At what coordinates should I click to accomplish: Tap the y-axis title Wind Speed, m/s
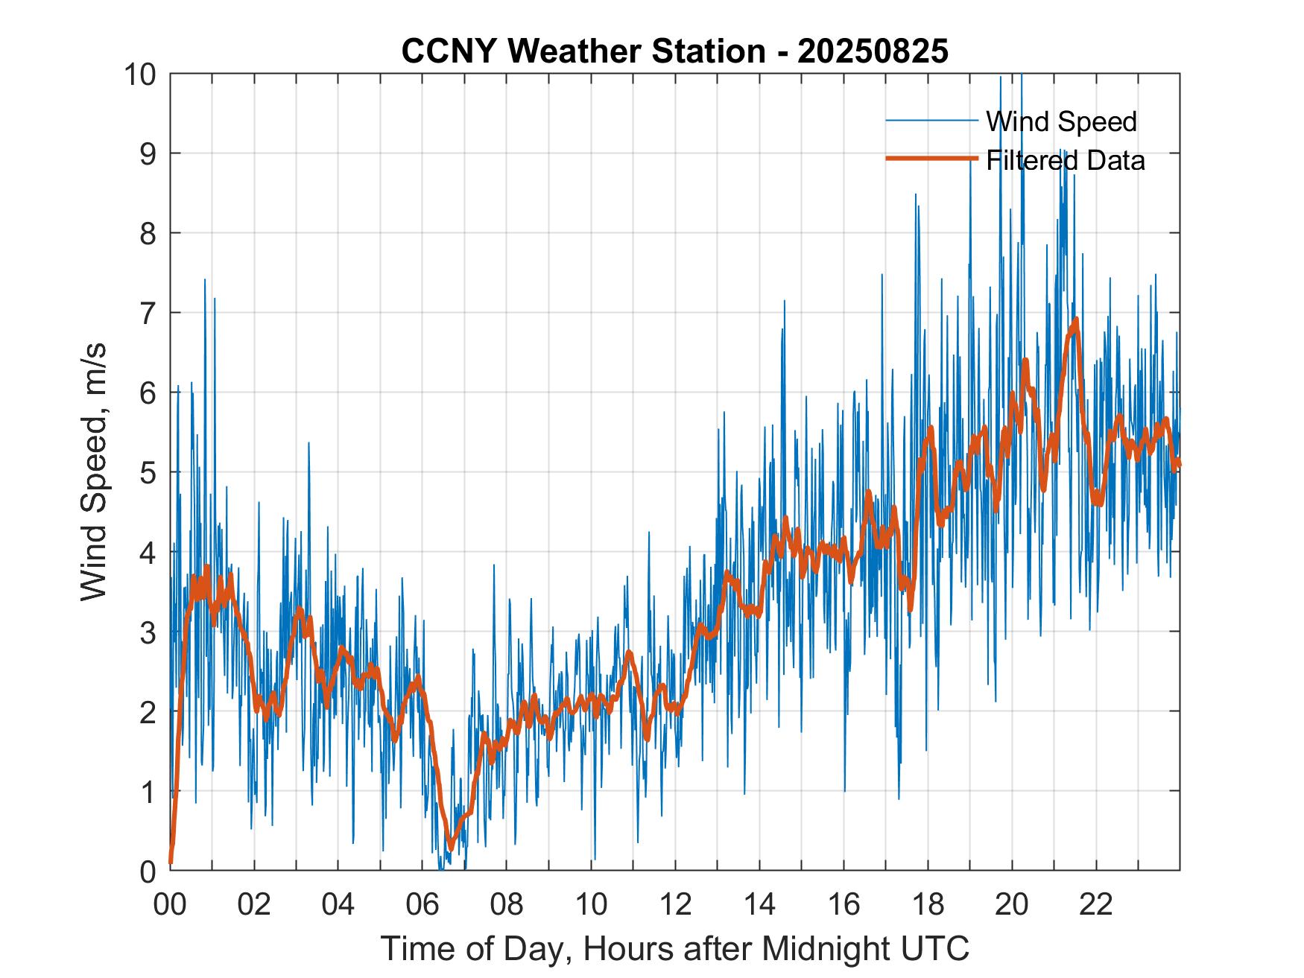[94, 471]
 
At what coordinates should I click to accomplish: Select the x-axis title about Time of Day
[674, 948]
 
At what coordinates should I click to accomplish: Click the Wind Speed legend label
[1061, 121]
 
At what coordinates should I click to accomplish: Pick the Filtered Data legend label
[1065, 160]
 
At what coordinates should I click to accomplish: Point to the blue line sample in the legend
[931, 121]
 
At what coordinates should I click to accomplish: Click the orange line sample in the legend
[931, 159]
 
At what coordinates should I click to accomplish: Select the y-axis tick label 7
[148, 313]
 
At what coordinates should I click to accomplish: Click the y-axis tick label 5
[148, 472]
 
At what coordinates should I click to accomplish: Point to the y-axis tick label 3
[148, 632]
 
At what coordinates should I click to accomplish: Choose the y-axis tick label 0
[148, 870]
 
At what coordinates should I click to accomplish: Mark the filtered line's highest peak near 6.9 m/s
[1075, 320]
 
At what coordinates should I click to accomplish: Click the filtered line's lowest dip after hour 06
[450, 848]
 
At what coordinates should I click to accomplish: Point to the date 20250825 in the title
[873, 51]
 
